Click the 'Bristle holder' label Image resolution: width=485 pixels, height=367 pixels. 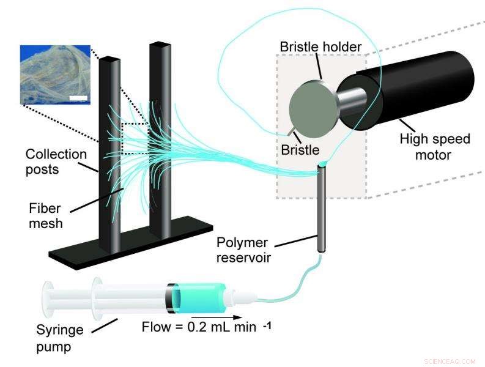(320, 46)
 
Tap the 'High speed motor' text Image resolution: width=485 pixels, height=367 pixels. (434, 147)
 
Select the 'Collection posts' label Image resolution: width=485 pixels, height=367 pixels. (56, 161)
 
